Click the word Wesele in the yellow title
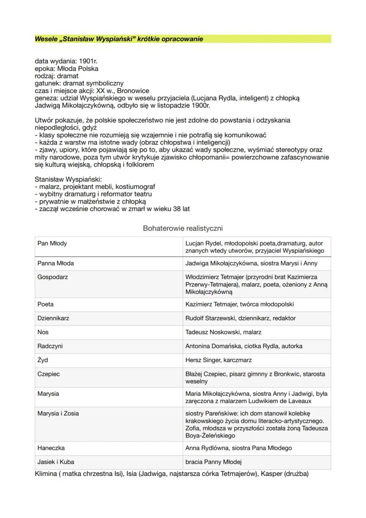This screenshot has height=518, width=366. [46, 39]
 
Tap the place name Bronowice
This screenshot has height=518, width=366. [132, 90]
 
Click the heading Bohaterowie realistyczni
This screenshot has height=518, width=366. [183, 228]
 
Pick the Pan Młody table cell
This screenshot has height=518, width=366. [52, 244]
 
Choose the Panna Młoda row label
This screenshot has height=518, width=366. [56, 263]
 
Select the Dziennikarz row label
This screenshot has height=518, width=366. [53, 318]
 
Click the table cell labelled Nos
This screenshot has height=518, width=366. [43, 332]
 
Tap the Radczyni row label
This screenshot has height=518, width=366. [50, 346]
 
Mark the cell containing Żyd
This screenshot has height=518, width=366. [43, 360]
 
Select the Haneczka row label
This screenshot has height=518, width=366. [51, 448]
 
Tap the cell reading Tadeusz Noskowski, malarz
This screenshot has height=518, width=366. [223, 332]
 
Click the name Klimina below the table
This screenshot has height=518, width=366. [46, 474]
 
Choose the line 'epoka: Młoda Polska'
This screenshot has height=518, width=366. [66, 69]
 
